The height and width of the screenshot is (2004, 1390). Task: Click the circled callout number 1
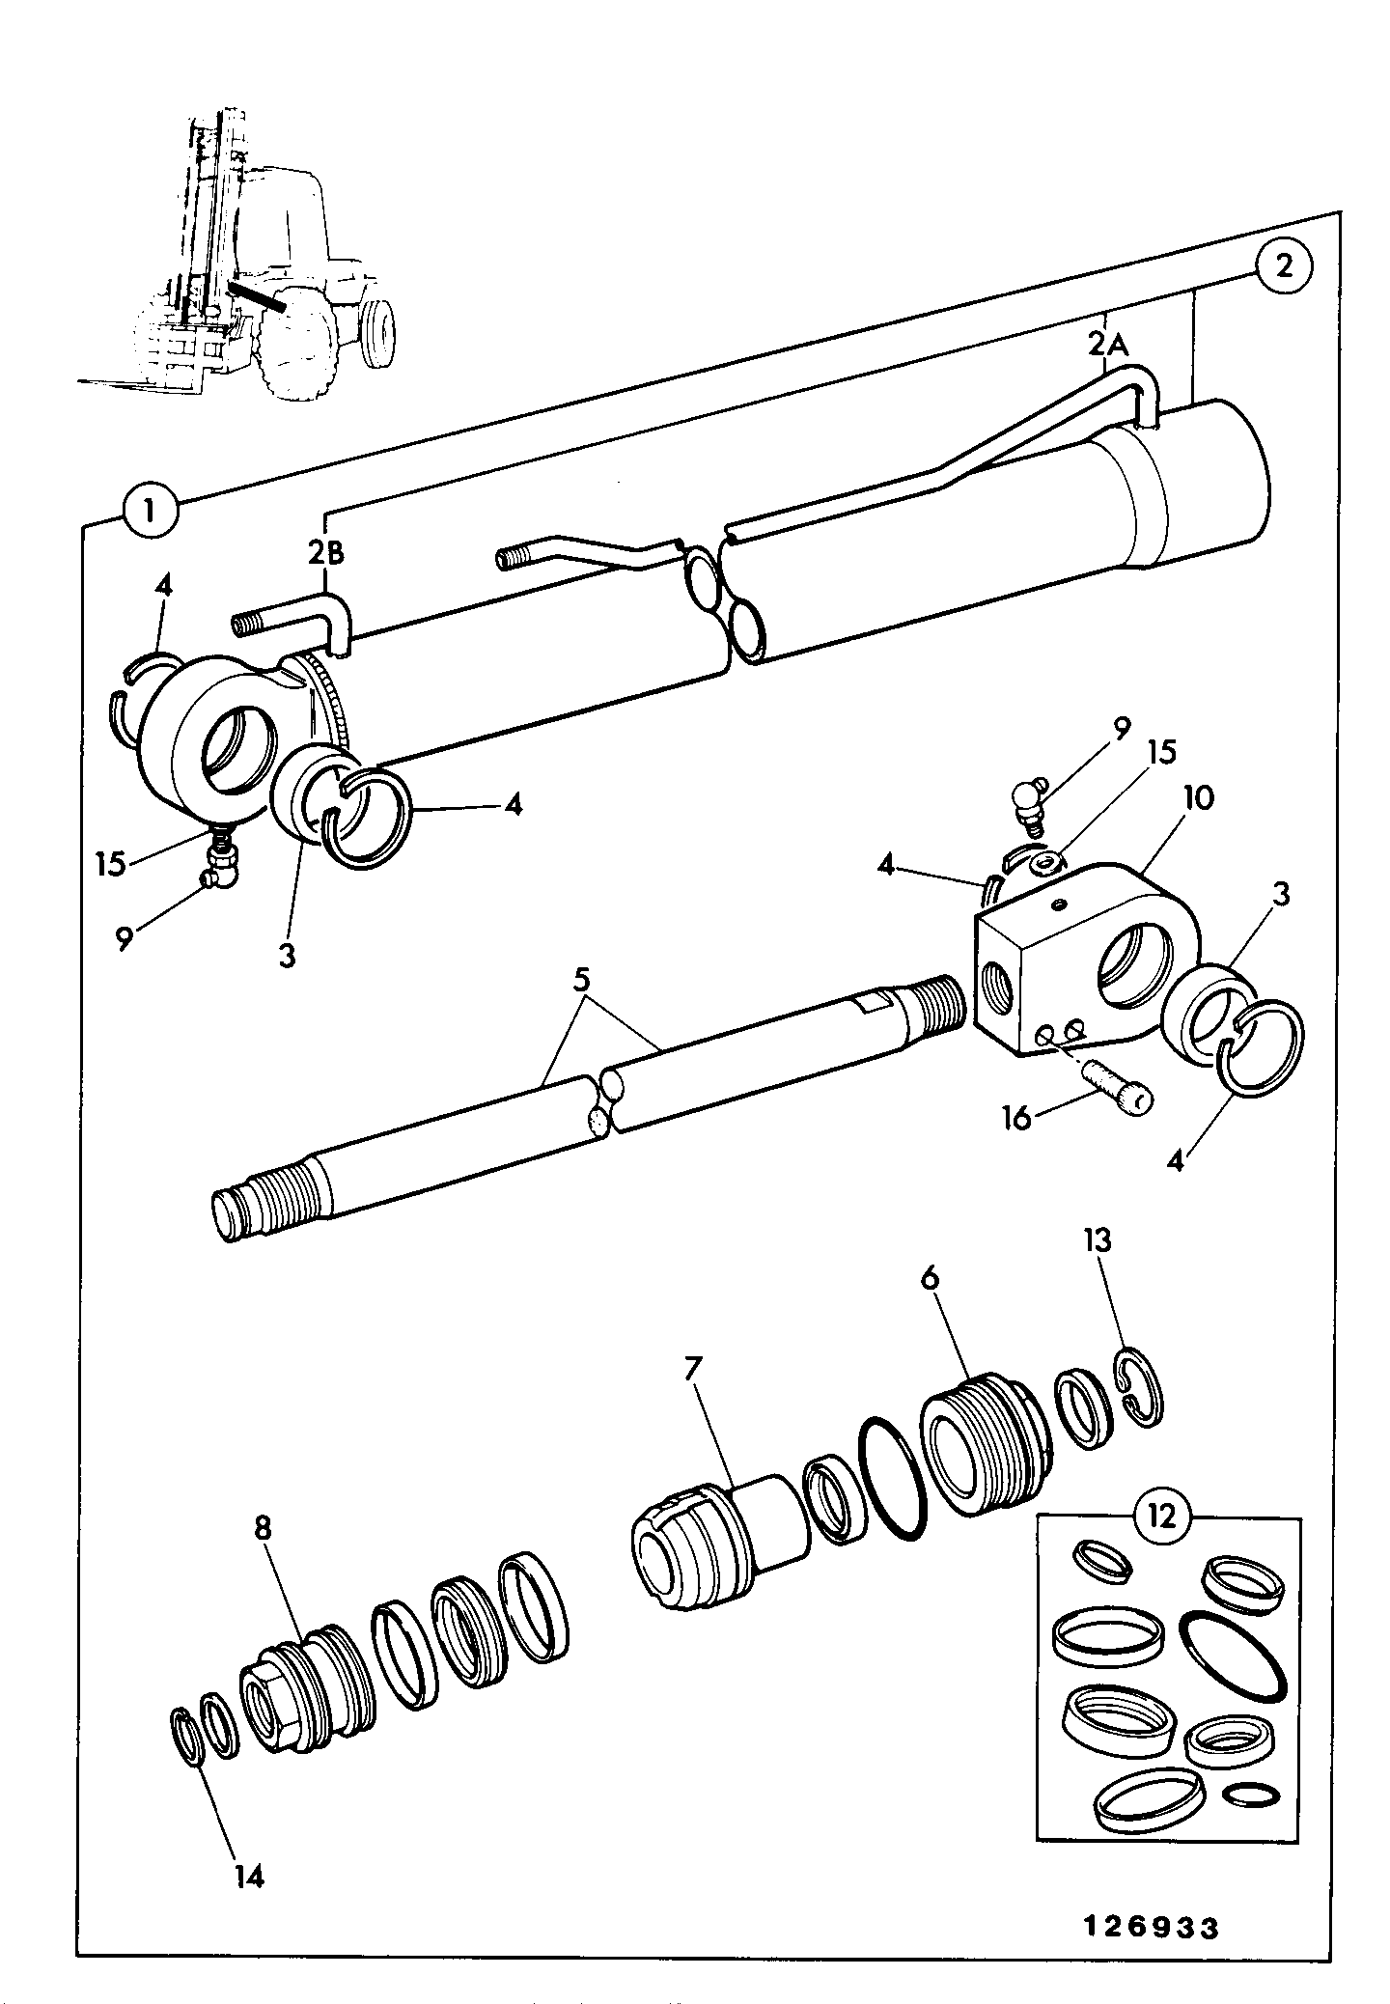click(152, 510)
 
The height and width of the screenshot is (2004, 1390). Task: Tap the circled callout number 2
click(1283, 266)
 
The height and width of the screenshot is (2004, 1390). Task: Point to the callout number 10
click(1197, 799)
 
